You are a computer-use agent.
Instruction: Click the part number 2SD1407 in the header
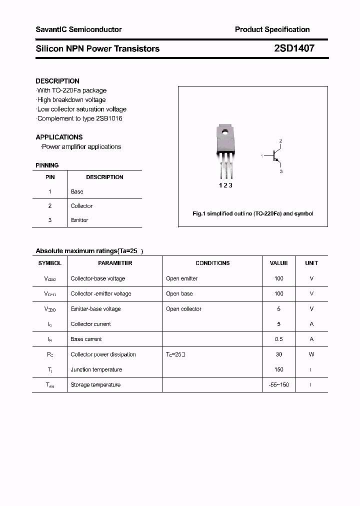pyautogui.click(x=294, y=48)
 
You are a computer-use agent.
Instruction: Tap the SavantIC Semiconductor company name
pyautogui.click(x=78, y=29)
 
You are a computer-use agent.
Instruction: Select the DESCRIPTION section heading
pyautogui.click(x=57, y=81)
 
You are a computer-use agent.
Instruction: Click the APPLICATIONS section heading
pyautogui.click(x=59, y=137)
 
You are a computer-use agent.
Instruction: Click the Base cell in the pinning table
pyautogui.click(x=77, y=191)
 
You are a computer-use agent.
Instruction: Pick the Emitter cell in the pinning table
pyautogui.click(x=79, y=220)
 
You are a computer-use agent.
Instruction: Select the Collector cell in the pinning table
pyautogui.click(x=81, y=206)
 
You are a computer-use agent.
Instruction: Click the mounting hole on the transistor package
pyautogui.click(x=225, y=132)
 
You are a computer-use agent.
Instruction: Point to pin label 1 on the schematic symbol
pyautogui.click(x=261, y=156)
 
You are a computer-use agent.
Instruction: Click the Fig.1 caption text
pyautogui.click(x=252, y=213)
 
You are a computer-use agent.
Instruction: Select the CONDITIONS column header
pyautogui.click(x=212, y=263)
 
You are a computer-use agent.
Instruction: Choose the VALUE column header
pyautogui.click(x=278, y=263)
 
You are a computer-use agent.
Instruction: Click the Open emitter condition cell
pyautogui.click(x=182, y=278)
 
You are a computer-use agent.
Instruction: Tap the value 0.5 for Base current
pyautogui.click(x=278, y=339)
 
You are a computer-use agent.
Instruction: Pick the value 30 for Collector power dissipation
pyautogui.click(x=278, y=354)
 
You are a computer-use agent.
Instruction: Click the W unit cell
pyautogui.click(x=311, y=354)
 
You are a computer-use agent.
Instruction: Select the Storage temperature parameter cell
pyautogui.click(x=95, y=384)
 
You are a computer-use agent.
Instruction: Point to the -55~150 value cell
pyautogui.click(x=278, y=384)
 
